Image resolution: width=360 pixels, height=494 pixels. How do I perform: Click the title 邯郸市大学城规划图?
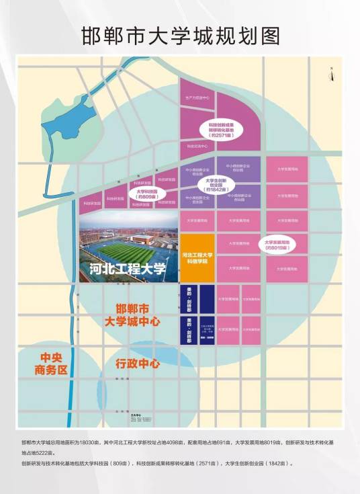(179, 35)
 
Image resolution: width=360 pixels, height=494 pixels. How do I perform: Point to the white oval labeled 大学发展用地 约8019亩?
(277, 245)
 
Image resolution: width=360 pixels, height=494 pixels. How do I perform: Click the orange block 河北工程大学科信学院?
(197, 258)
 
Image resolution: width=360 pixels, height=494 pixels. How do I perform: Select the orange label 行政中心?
(137, 364)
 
